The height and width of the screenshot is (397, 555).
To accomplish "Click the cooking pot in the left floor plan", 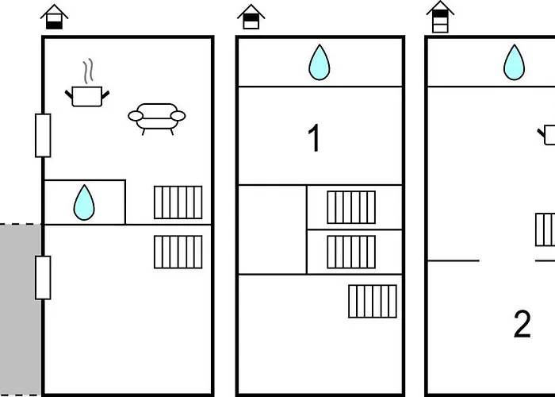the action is [x=87, y=96].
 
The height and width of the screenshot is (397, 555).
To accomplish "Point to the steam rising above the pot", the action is [x=89, y=70].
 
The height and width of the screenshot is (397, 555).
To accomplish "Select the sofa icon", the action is [x=157, y=119].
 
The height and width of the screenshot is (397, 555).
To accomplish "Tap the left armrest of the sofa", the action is [x=136, y=116].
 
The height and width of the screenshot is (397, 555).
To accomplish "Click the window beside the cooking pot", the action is [x=43, y=136].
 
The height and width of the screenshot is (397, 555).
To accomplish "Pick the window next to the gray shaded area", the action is [x=43, y=278].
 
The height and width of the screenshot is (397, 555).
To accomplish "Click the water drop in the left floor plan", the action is [x=84, y=202].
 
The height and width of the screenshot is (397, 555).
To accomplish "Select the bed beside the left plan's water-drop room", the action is [x=178, y=202].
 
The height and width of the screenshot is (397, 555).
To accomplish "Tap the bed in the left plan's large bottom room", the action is [x=178, y=252].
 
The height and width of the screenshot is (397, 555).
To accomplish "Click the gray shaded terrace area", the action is [x=21, y=310].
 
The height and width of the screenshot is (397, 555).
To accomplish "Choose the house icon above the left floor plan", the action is [x=54, y=17].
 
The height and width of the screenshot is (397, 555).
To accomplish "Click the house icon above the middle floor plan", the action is [x=251, y=17].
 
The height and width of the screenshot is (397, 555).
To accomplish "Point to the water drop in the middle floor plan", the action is [x=320, y=63].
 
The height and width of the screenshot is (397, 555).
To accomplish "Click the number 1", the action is [x=314, y=137].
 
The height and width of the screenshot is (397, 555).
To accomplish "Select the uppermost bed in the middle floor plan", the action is [x=351, y=207].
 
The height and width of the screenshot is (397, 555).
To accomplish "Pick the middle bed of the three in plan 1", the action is [x=351, y=252].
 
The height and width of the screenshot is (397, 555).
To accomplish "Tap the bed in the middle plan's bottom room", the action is [x=373, y=301].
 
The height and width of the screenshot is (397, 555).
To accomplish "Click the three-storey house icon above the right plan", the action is [x=440, y=17].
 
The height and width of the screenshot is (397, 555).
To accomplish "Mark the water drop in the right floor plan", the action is [x=515, y=63].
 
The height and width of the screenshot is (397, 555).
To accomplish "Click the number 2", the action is [x=522, y=324].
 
